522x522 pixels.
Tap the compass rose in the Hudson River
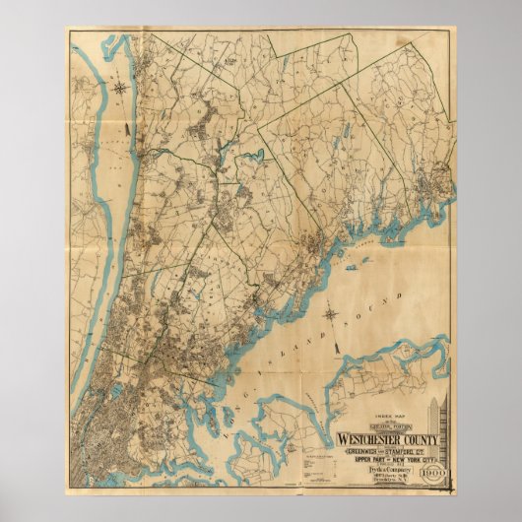(x=120, y=88)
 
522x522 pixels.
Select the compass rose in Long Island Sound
(x=331, y=317)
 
